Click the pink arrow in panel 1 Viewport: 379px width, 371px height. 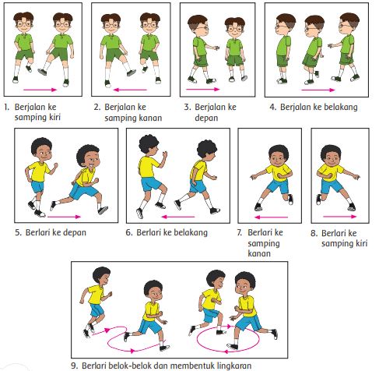coord(40,90)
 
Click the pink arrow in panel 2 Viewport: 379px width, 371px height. coord(130,90)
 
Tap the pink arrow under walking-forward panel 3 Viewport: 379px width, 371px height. coord(203,90)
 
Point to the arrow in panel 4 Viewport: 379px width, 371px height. coord(318,90)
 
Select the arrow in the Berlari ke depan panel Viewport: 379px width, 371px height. coord(65,217)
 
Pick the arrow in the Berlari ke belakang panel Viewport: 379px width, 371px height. coord(178,217)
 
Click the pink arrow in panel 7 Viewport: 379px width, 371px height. coord(271,217)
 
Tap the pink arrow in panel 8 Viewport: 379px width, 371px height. coord(340,216)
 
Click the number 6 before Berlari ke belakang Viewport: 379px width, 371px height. coord(129,232)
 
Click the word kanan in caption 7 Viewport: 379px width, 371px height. coord(259,253)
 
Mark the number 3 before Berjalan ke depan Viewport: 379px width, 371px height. coord(188,107)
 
